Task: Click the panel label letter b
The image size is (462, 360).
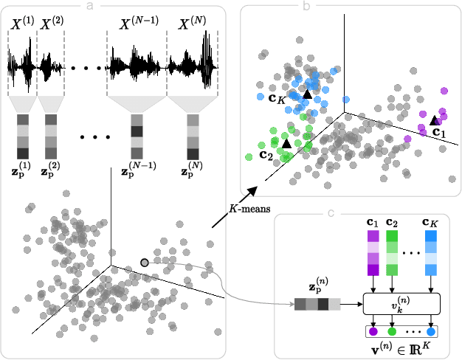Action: point(305,6)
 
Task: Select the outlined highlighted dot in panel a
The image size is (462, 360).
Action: point(145,262)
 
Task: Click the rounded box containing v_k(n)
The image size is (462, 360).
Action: point(401,303)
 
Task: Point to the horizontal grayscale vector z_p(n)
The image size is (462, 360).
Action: point(317,304)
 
